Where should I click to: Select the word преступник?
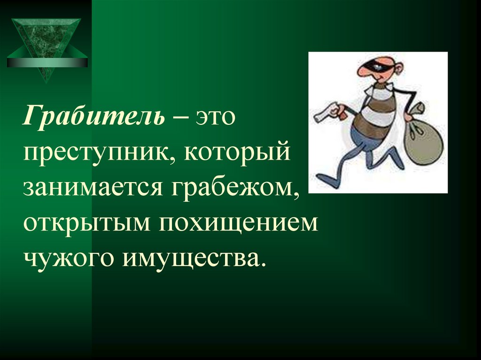coord(94,153)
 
